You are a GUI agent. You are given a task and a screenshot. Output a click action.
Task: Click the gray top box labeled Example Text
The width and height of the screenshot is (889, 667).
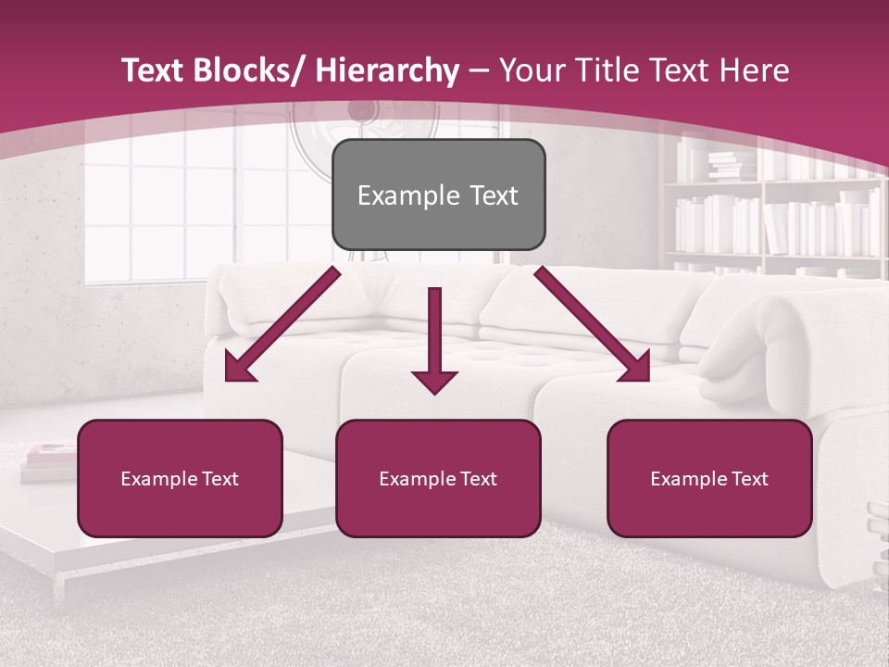click(x=438, y=195)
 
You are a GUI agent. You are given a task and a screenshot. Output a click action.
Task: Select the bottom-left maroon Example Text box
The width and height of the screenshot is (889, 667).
click(x=180, y=478)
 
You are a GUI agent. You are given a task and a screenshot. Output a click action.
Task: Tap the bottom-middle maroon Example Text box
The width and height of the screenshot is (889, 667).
click(x=438, y=478)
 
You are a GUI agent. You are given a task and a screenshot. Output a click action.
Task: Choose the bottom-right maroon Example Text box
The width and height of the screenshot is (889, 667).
click(x=709, y=478)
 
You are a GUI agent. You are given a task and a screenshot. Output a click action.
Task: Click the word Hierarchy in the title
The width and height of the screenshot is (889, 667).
click(x=387, y=70)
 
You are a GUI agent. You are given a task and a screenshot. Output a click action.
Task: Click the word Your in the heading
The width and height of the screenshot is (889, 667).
click(x=530, y=70)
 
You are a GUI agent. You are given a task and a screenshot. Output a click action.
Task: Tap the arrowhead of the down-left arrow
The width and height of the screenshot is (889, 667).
click(x=239, y=369)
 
